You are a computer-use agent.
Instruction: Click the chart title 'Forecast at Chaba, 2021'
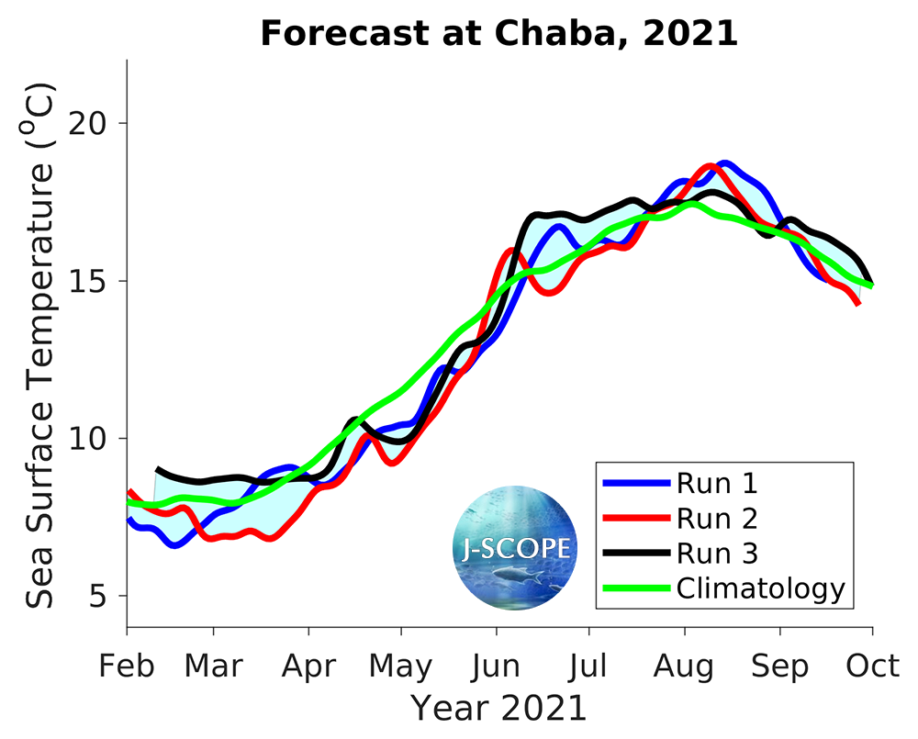(x=499, y=34)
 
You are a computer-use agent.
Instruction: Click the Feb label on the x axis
(x=127, y=666)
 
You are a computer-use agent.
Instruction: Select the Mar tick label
(x=214, y=666)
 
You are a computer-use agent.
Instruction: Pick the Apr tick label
(x=308, y=666)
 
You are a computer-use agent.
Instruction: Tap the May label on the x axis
(x=401, y=666)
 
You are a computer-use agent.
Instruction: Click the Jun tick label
(x=497, y=666)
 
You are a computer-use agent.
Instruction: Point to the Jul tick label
(x=589, y=666)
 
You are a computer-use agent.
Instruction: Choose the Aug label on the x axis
(x=684, y=667)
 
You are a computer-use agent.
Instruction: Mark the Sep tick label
(x=780, y=667)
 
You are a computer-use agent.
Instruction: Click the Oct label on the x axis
(x=872, y=666)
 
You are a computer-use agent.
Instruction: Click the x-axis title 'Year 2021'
(x=498, y=709)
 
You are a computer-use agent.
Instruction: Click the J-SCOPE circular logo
(x=515, y=548)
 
